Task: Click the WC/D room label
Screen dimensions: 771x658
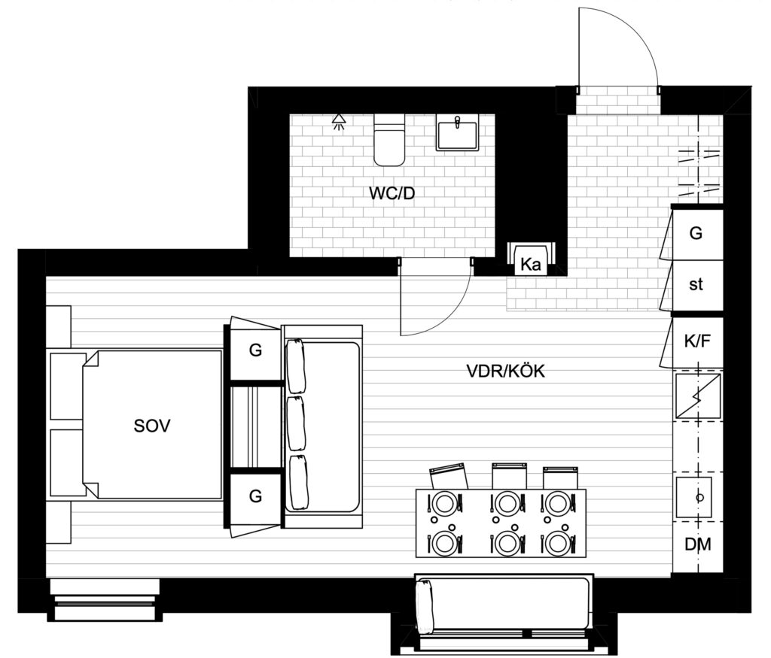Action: [392, 193]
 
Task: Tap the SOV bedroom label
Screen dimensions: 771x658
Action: [152, 426]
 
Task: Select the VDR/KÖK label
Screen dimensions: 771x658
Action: [505, 371]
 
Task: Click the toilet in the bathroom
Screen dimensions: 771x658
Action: [389, 140]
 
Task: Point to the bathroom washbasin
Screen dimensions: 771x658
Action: [457, 132]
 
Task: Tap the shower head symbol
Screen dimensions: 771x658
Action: [338, 122]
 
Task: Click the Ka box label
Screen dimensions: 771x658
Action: [530, 265]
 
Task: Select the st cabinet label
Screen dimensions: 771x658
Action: [696, 284]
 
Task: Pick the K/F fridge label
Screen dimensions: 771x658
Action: [697, 341]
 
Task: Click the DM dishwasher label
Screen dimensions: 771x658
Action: [698, 544]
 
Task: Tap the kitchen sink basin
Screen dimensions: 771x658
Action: [693, 497]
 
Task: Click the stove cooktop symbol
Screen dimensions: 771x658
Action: [698, 397]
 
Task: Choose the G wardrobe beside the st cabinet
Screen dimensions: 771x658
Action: [696, 233]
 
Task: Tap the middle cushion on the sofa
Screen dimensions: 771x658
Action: [296, 423]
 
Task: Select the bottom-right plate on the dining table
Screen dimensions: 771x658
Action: [559, 543]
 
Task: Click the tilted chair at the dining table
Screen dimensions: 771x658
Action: [449, 475]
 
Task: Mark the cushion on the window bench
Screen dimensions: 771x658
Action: [424, 605]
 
